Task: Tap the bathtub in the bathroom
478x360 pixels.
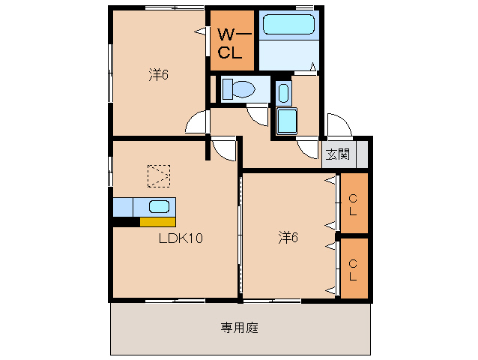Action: pyautogui.click(x=288, y=24)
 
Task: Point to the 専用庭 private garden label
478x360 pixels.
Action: pyautogui.click(x=240, y=327)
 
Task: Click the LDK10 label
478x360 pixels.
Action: pyautogui.click(x=181, y=238)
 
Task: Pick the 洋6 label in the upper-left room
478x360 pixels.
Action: pyautogui.click(x=157, y=75)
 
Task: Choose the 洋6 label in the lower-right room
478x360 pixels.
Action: pyautogui.click(x=288, y=238)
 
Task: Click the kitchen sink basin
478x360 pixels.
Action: pyautogui.click(x=158, y=206)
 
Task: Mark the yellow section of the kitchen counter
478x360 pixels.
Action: pyautogui.click(x=157, y=221)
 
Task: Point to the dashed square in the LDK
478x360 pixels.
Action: pyautogui.click(x=158, y=176)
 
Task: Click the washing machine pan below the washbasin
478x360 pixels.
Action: pyautogui.click(x=287, y=121)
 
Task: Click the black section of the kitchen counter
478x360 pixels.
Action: pyautogui.click(x=126, y=221)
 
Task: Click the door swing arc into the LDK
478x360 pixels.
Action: pyautogui.click(x=223, y=150)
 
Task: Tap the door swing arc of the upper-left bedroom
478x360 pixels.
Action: pyautogui.click(x=196, y=121)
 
